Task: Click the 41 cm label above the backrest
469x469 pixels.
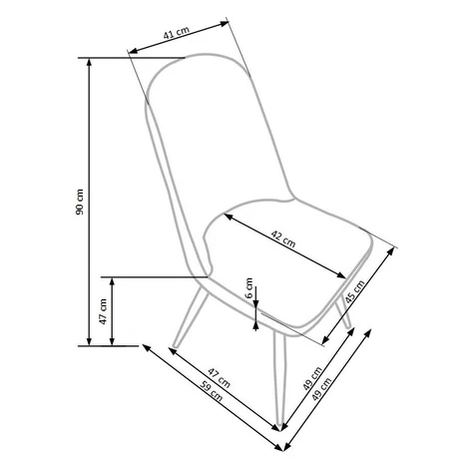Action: coord(177,33)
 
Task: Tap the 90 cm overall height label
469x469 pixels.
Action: coord(80,202)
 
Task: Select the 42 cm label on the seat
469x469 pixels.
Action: coord(283,239)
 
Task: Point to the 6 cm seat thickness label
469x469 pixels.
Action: coord(249,288)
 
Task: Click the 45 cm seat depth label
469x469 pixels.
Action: coord(355,291)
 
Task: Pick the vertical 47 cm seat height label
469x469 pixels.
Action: coord(103,311)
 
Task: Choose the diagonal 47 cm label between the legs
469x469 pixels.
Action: coord(219,378)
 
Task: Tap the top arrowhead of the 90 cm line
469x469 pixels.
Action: coord(89,63)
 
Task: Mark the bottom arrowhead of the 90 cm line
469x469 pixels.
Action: coord(89,341)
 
